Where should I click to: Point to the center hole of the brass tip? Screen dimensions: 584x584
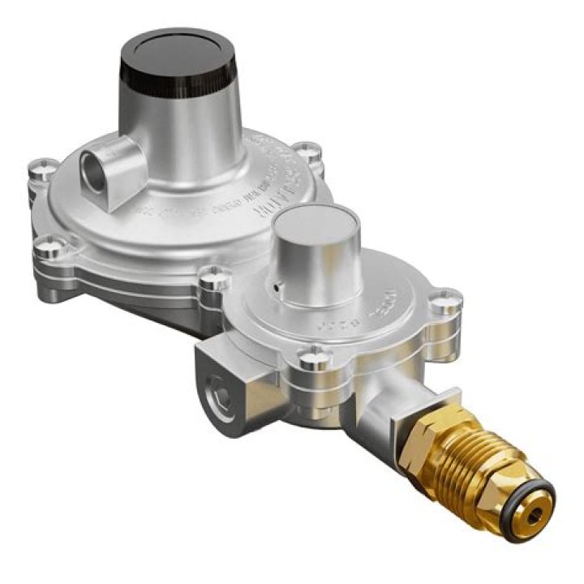pyautogui.click(x=536, y=513)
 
